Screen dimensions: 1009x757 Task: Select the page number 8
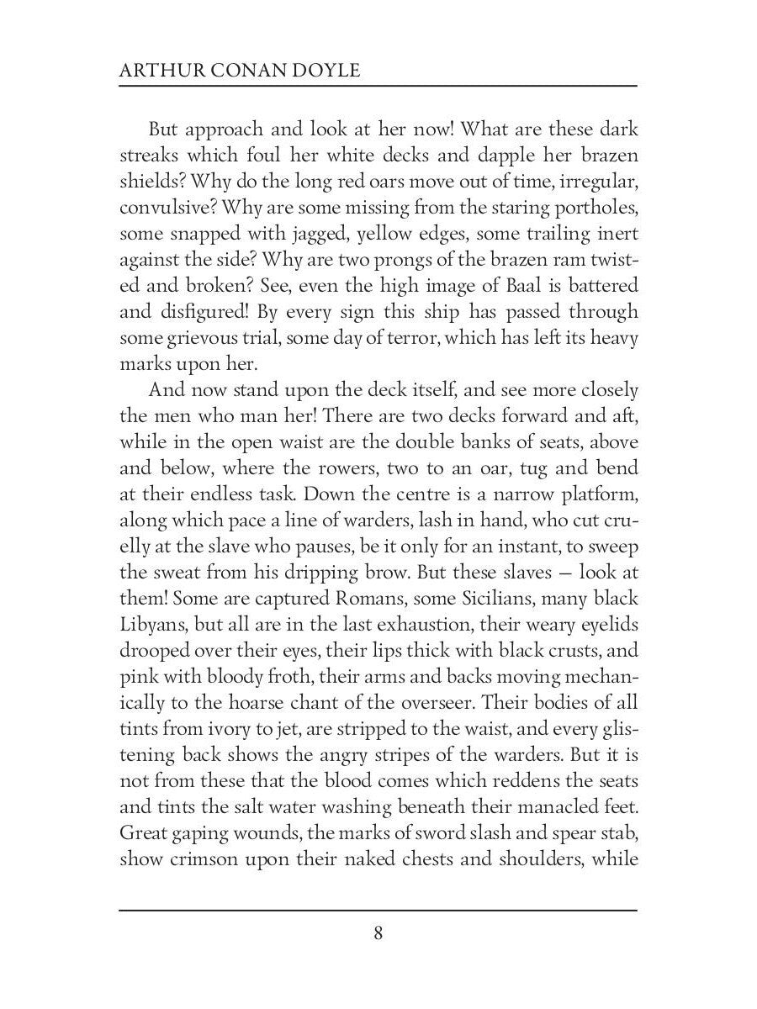378,933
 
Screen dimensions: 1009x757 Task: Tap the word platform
596,493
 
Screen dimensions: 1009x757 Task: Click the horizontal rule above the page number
378,910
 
